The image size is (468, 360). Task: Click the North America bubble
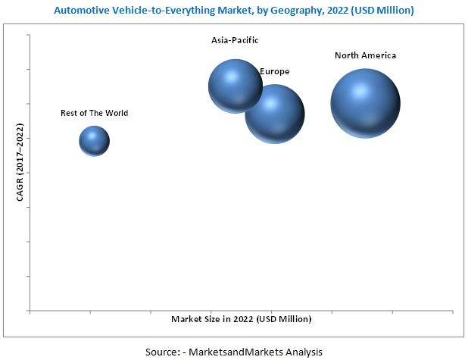pos(365,104)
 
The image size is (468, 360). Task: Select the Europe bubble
pos(274,114)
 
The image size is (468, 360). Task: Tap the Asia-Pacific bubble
pos(236,86)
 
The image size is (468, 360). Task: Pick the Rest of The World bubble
pos(95,141)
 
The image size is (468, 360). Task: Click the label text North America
pos(365,55)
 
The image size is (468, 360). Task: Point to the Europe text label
pos(274,71)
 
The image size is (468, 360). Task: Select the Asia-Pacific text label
pos(234,40)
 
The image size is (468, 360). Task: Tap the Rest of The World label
pos(95,113)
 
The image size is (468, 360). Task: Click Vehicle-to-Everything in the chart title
pos(164,10)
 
